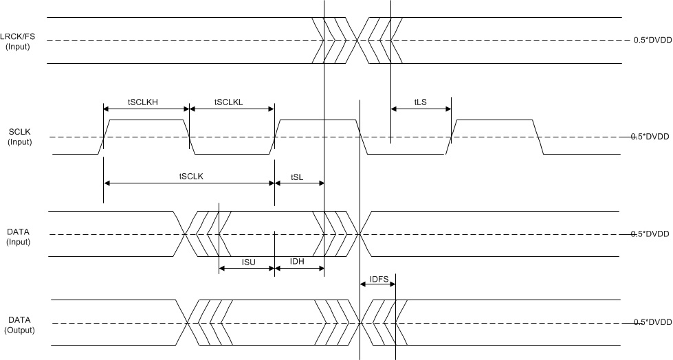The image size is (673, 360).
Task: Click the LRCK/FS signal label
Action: tap(18, 40)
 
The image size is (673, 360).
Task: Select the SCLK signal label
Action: tap(18, 136)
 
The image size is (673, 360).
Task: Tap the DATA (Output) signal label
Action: tap(18, 325)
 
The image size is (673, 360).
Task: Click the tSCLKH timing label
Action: tap(142, 102)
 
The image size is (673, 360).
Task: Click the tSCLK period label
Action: tap(190, 176)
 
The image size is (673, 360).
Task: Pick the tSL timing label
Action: tap(297, 177)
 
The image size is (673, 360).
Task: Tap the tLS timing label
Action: tap(420, 102)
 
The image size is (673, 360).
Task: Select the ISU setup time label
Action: tap(248, 262)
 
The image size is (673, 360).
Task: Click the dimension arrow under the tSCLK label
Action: tap(189, 183)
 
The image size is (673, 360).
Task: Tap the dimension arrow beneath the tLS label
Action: tap(421, 109)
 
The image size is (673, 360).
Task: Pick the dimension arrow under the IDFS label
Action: tap(377, 285)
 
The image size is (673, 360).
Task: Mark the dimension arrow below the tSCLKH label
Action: tap(146, 109)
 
